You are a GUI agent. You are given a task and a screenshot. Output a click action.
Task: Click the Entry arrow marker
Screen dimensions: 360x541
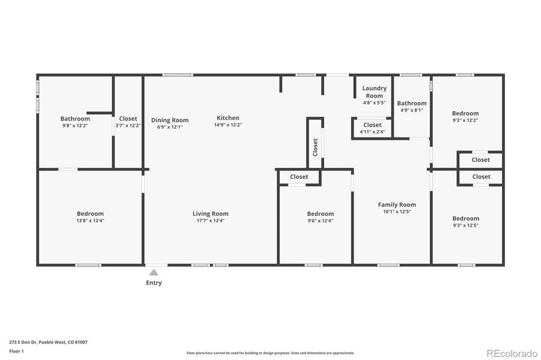click(x=154, y=272)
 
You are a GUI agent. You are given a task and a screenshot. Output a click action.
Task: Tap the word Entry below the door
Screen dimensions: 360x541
click(x=154, y=283)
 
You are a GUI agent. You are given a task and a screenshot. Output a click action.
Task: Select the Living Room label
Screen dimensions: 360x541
click(x=210, y=214)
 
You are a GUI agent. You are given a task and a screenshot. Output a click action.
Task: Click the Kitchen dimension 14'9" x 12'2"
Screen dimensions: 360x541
click(x=228, y=125)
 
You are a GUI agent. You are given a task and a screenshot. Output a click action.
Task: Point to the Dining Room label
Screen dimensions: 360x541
click(x=169, y=120)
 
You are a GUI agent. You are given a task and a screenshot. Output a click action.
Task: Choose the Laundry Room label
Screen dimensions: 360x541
click(x=374, y=92)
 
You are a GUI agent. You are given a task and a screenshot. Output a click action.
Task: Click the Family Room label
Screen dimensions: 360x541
click(x=396, y=205)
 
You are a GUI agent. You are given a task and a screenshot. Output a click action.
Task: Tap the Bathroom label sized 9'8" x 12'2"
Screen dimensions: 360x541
click(x=75, y=119)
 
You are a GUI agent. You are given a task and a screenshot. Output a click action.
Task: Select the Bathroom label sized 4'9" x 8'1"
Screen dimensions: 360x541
click(x=411, y=103)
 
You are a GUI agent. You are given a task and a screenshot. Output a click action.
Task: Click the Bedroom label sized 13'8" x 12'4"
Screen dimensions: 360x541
click(x=90, y=214)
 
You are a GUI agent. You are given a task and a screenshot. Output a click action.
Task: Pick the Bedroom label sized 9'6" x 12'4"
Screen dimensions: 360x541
click(x=320, y=214)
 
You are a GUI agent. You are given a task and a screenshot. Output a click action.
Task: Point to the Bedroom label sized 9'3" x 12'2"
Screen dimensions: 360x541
click(x=465, y=113)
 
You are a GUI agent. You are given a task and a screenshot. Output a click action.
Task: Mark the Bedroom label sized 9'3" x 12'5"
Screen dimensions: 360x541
click(x=465, y=218)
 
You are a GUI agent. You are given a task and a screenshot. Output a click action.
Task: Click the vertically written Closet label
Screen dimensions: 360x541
click(x=315, y=147)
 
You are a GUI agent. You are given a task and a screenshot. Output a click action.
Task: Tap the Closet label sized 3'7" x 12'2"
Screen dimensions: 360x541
click(x=128, y=119)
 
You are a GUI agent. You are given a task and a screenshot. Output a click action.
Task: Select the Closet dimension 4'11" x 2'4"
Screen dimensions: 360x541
click(x=372, y=132)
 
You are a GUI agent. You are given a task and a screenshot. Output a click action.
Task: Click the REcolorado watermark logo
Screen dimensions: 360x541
click(x=511, y=353)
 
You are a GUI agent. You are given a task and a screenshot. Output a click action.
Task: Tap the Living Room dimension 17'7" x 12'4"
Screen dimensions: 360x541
click(x=210, y=221)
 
